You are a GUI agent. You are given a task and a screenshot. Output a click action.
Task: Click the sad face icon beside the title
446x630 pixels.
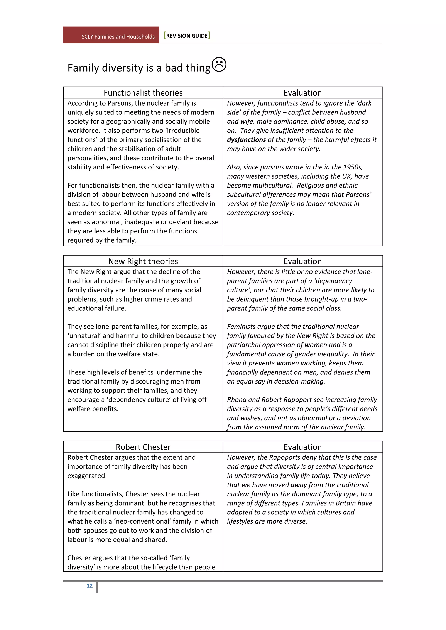click(219, 65)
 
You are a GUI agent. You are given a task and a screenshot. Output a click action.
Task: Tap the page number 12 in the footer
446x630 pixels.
click(90, 586)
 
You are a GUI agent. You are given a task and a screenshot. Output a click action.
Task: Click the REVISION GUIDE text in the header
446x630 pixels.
click(187, 36)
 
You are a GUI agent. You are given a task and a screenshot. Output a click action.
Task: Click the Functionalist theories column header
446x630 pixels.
click(143, 93)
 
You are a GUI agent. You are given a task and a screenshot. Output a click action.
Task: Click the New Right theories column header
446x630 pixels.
click(143, 261)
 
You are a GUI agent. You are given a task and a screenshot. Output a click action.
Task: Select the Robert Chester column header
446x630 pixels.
click(143, 447)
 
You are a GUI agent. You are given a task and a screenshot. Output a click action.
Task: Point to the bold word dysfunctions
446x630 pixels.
click(246, 140)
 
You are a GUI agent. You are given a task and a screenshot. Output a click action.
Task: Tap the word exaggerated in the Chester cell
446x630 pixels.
click(87, 476)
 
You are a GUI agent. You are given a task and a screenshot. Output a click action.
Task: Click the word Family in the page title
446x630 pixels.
click(83, 68)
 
